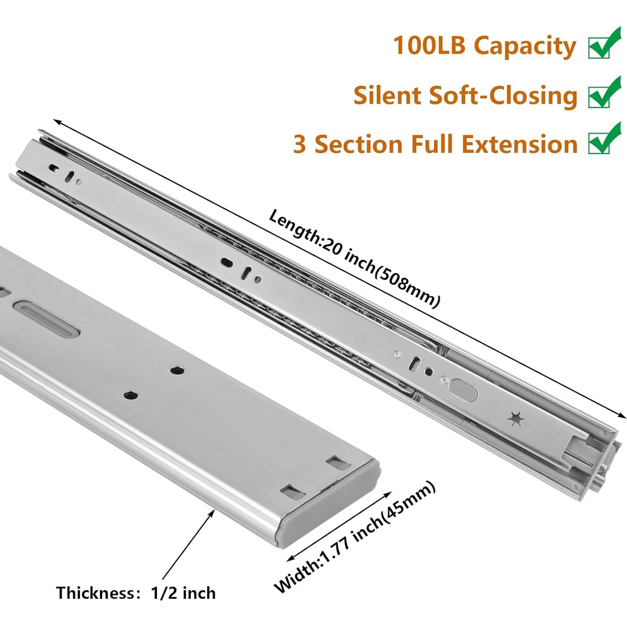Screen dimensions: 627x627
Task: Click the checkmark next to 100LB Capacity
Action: point(604,43)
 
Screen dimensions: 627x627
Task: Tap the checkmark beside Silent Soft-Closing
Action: point(604,93)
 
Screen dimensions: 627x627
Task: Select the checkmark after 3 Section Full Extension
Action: point(604,139)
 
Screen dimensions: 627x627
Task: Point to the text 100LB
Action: point(429,45)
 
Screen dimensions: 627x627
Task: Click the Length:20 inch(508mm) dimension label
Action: point(354,258)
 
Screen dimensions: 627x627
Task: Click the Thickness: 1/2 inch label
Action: point(136,593)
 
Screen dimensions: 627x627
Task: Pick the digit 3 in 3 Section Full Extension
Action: point(299,144)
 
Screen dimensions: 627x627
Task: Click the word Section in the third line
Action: point(359,144)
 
